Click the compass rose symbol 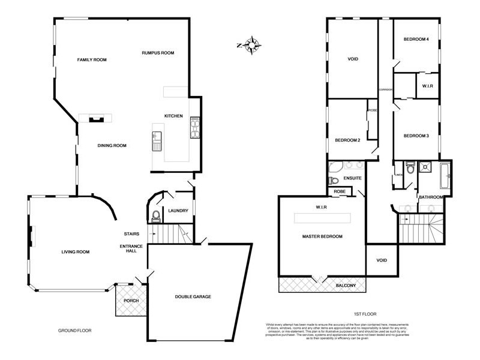[252, 44]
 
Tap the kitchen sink [157, 140]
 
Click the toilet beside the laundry [155, 215]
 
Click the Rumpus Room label [158, 53]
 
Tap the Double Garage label [193, 296]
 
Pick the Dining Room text [112, 145]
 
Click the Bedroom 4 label [416, 39]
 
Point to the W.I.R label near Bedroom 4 [427, 86]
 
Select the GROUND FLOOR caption [74, 331]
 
